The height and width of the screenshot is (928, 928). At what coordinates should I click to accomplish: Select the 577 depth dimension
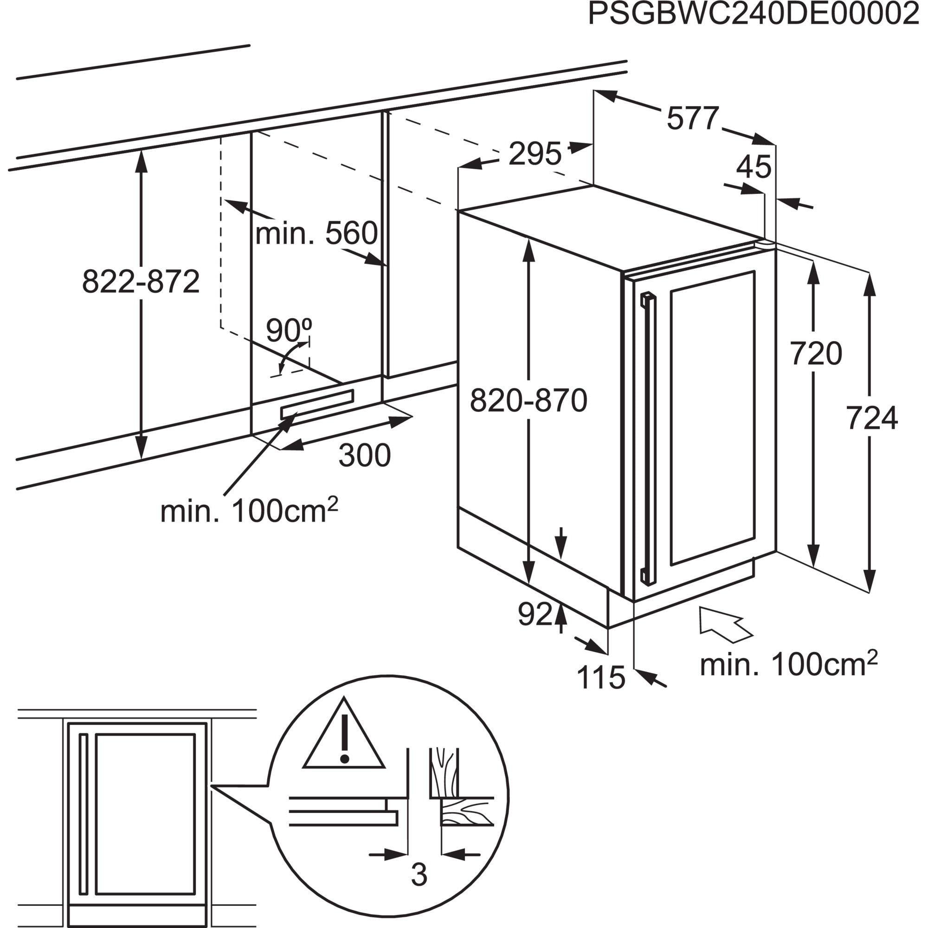pos(693,118)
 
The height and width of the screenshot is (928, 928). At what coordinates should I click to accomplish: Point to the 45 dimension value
pos(754,167)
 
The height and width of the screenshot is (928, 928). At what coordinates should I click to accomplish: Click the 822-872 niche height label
pos(141,282)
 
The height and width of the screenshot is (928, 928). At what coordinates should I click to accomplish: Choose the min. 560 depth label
pos(316,234)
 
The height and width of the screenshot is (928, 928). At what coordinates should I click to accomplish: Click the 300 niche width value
pos(365,455)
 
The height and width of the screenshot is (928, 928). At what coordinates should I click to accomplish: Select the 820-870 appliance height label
pos(528,401)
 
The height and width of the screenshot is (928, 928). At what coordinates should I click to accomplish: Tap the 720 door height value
pos(816,354)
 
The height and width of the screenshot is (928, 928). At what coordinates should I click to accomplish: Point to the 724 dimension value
pos(871,419)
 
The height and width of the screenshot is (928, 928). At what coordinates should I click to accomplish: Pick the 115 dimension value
pos(600,678)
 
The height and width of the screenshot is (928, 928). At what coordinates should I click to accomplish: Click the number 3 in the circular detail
pos(419,875)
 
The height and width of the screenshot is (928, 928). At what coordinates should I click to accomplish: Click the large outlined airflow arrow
pos(723,625)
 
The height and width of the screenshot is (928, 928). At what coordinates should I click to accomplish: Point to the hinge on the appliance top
pos(765,245)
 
